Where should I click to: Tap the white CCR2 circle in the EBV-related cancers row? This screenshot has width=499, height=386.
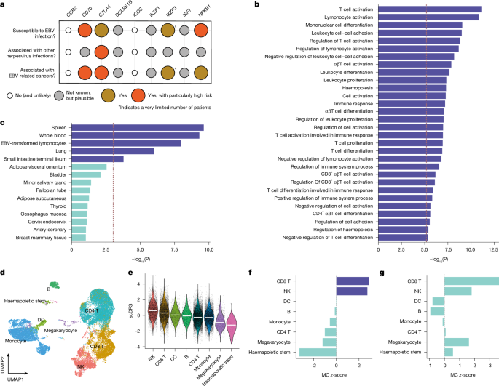[68, 72]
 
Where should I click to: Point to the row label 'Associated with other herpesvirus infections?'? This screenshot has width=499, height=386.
[32, 52]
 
